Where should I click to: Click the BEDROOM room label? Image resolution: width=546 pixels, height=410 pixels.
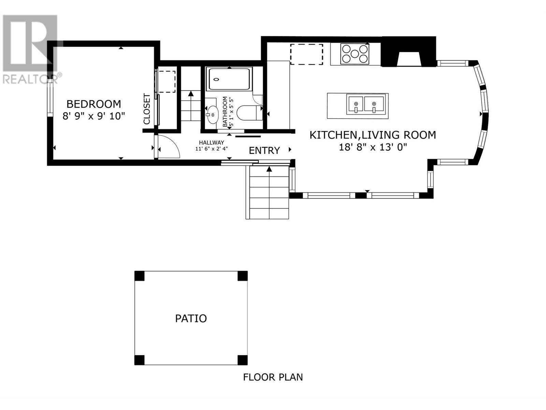tap(94, 104)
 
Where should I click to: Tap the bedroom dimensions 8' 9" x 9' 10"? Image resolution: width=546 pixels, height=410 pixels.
tap(94, 116)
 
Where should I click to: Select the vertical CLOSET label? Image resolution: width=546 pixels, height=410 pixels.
tap(147, 109)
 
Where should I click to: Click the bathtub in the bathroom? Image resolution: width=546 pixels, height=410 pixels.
tap(229, 79)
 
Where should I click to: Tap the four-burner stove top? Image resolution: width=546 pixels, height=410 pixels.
tap(355, 54)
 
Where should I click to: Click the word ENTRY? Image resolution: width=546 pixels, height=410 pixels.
tap(264, 151)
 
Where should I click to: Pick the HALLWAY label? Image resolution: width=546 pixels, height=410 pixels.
tap(212, 142)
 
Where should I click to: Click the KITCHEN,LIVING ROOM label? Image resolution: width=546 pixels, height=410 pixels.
tap(373, 135)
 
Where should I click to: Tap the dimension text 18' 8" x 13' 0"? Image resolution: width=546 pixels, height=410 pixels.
tap(373, 147)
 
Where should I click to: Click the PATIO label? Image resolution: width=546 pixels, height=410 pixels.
tap(191, 318)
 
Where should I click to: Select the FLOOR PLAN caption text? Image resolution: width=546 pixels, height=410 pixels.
tap(273, 377)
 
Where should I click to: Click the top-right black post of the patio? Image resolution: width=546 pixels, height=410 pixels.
tap(242, 276)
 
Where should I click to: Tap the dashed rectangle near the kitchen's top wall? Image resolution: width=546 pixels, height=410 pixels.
tap(306, 54)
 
